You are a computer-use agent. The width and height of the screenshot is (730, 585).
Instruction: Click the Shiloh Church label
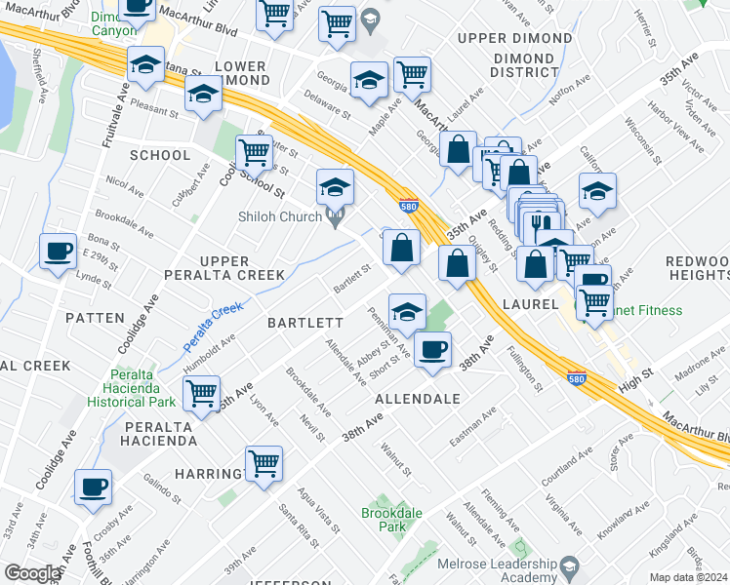tap(286, 216)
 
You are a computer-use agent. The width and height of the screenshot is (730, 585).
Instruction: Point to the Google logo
tap(31, 573)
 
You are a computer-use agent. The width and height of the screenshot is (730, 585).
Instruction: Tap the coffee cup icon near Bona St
tap(59, 251)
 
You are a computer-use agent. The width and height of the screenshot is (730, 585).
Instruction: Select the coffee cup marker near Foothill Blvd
tap(94, 486)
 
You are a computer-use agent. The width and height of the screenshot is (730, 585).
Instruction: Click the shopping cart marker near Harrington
tap(264, 463)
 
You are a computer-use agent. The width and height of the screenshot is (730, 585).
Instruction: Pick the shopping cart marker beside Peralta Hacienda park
tap(202, 394)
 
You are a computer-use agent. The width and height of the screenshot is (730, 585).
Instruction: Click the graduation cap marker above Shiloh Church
tap(335, 185)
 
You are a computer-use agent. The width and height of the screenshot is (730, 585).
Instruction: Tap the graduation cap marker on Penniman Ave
tap(407, 311)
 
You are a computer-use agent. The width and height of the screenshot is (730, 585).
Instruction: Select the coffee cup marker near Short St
tap(432, 348)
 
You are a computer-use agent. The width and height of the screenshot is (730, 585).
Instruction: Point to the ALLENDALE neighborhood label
tap(417, 400)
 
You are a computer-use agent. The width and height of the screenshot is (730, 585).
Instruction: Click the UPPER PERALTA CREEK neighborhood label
tap(241, 268)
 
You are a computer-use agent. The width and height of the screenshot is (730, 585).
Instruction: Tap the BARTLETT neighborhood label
tap(306, 322)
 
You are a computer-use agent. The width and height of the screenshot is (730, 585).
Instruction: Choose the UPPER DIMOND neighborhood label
tap(514, 39)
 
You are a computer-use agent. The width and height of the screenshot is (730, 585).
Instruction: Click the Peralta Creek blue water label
tap(213, 327)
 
